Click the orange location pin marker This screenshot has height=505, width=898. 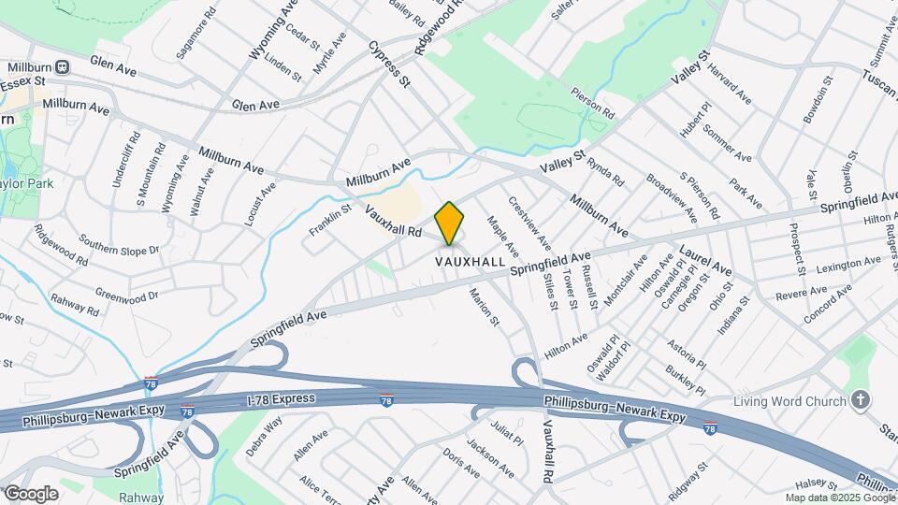click(x=450, y=223)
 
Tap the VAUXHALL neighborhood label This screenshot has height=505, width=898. click(x=471, y=262)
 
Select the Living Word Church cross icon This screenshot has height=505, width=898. click(x=860, y=400)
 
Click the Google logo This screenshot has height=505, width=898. click(x=30, y=493)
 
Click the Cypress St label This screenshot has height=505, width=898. click(x=390, y=64)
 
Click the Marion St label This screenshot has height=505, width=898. click(x=485, y=307)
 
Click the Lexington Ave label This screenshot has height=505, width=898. click(x=824, y=267)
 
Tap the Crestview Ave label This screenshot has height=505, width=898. click(x=523, y=222)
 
